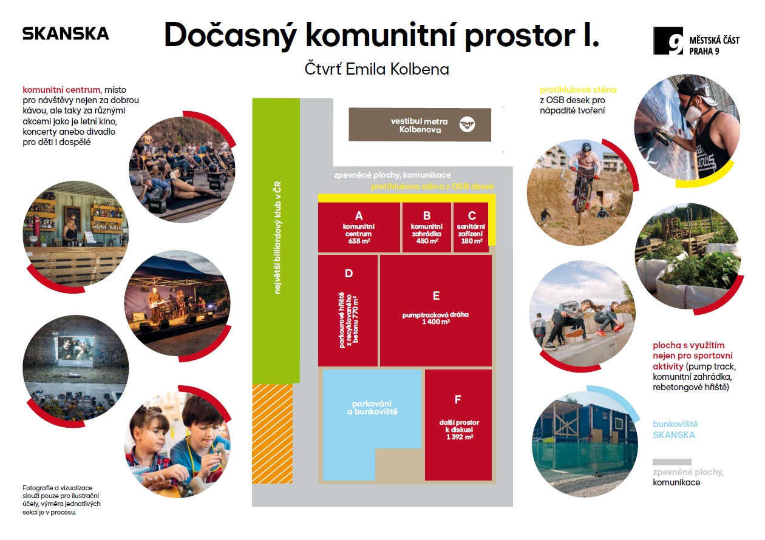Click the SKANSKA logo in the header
coord(66,33)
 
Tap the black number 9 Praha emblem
coord(668,41)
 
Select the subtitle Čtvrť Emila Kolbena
coord(376,69)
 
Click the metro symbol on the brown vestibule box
coord(467,124)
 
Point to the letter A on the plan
coord(359,216)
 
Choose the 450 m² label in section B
coord(427,241)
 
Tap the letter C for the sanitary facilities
coord(472,216)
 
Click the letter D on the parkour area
coord(348,274)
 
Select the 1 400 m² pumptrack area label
coord(436,322)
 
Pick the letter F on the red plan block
coord(458,399)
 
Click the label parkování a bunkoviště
coord(372,408)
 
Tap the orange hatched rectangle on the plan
coord(272,433)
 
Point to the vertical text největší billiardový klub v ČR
coord(277,238)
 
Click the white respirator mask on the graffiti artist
coord(691,111)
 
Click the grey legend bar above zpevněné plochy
coord(671,462)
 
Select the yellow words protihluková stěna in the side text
coord(578,90)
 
